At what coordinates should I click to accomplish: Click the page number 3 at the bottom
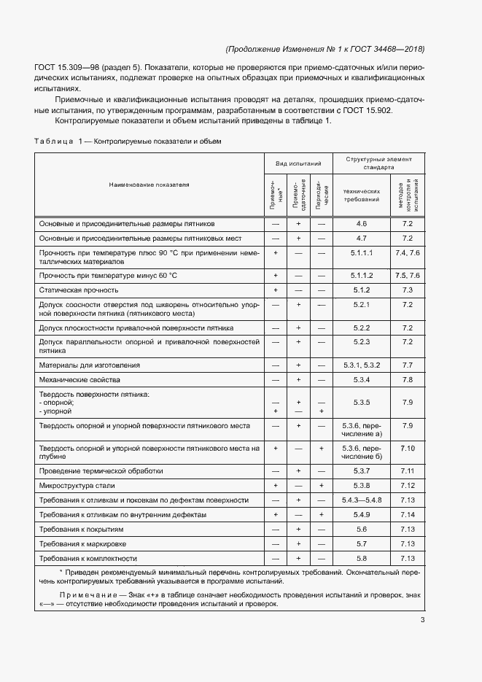tap(423, 621)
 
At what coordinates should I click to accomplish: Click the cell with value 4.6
tap(362, 224)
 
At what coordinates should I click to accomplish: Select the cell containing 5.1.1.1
tap(362, 252)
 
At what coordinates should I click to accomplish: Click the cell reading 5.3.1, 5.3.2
tap(362, 365)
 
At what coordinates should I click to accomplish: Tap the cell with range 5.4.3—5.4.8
tap(362, 500)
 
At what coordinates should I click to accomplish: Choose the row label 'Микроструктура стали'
tap(77, 485)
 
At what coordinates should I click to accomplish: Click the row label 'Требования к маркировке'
tap(82, 544)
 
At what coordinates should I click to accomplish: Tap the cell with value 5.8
tap(362, 559)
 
